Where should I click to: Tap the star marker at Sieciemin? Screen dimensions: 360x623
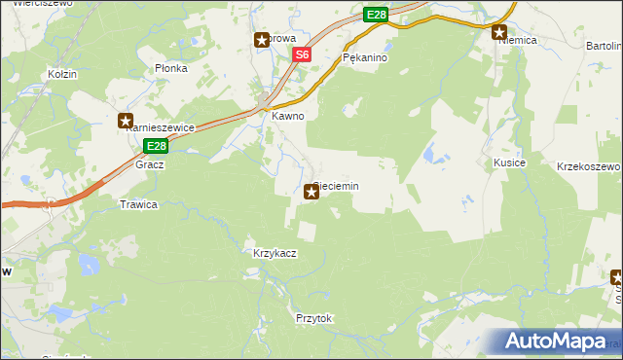point(311,193)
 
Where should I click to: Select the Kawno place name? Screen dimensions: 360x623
point(288,116)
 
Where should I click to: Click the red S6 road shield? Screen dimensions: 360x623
point(303,55)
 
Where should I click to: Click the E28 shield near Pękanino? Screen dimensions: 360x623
point(377,15)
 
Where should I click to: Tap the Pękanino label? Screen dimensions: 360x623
point(366,58)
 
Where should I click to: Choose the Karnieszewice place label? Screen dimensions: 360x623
point(164,127)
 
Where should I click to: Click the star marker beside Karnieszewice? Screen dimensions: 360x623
point(126,122)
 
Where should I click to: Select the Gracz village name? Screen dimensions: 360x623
point(150,164)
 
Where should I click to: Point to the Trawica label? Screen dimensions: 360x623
point(138,204)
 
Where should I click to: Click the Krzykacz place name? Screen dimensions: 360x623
point(275,253)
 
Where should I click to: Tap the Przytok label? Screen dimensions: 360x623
point(314,318)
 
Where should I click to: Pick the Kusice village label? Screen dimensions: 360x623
point(509,162)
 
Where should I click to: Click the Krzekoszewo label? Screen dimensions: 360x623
point(588,166)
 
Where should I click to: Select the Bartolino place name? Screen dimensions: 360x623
point(604,46)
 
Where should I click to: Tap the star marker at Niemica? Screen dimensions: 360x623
point(500,31)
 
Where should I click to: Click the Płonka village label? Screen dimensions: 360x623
point(170,69)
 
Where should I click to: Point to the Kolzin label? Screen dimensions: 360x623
point(62,74)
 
